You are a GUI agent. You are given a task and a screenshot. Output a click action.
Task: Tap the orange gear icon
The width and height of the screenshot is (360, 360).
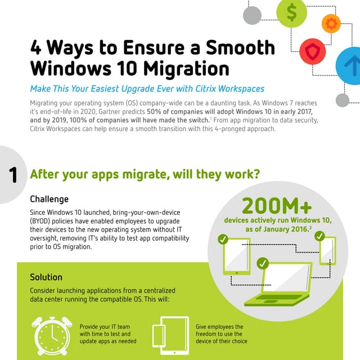(331, 23)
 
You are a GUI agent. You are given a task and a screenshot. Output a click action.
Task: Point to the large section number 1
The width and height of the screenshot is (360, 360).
(13, 174)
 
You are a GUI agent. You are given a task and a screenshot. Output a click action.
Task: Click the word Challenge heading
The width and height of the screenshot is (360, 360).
(49, 199)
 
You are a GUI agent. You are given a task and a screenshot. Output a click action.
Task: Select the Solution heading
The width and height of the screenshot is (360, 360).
(46, 277)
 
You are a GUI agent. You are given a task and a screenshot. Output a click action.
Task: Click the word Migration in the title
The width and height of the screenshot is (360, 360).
(182, 69)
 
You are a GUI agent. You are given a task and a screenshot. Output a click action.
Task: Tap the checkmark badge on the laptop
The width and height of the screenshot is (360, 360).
(262, 263)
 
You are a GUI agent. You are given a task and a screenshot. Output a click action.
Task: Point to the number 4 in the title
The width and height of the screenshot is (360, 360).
(37, 48)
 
